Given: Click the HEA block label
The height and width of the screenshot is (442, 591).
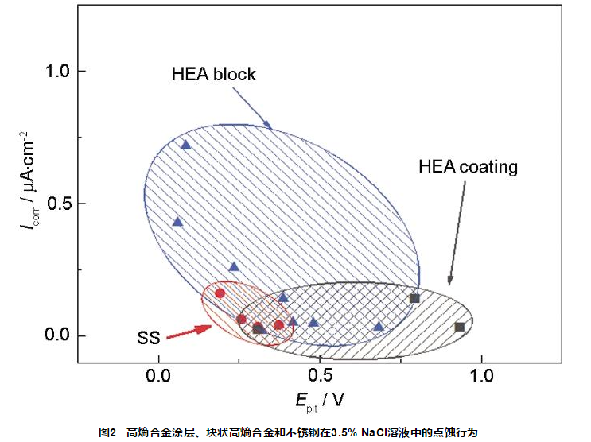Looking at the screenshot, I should coord(213,74).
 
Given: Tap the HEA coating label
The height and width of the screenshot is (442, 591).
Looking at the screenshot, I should coord(468,167).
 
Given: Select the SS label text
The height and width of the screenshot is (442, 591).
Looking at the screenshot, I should coord(149,338).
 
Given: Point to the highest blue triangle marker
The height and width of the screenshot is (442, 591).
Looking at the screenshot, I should coord(185,145).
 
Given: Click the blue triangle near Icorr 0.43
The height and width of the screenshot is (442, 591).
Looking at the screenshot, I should coord(177,221).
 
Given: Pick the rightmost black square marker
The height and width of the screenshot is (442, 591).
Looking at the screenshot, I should coord(459,327).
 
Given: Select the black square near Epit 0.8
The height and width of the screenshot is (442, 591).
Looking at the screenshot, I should coord(414,298).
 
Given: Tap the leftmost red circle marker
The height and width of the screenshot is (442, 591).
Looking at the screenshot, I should coord(220,293).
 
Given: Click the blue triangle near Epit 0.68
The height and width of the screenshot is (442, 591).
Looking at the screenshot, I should coord(379,326).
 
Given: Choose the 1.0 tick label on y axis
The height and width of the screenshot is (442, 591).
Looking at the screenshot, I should coord(58,71).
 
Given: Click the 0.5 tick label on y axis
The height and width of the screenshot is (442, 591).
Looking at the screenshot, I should coord(58,204).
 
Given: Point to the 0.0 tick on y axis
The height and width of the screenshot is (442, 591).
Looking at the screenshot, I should coord(58,335).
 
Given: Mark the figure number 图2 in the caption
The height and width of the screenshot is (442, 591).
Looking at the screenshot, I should coord(107,432).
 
